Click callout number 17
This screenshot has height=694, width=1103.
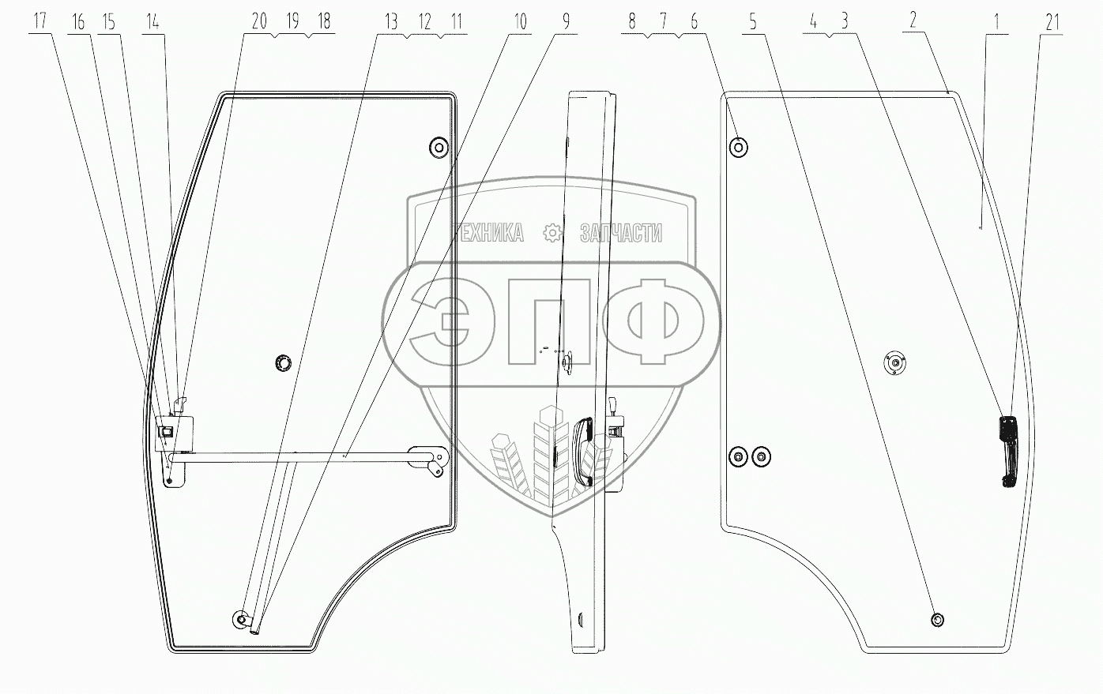tap(40, 21)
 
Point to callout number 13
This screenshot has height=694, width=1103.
tap(391, 22)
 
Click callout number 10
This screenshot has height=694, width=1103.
tap(519, 22)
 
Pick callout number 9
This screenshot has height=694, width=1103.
tap(566, 22)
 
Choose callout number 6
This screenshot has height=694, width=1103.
tap(695, 22)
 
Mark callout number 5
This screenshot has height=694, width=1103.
tap(753, 22)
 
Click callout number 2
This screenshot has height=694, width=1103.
tap(913, 21)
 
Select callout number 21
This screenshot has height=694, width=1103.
tap(1052, 22)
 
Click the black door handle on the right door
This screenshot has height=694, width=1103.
tap(1008, 452)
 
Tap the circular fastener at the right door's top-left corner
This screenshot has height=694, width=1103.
tap(739, 146)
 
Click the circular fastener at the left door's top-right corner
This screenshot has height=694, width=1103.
tap(438, 146)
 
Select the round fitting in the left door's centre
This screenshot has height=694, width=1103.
tap(283, 362)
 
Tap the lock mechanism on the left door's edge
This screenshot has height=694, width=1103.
tap(169, 431)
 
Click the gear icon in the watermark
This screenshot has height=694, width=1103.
tap(551, 232)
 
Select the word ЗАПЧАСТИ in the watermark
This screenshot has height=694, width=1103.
tap(621, 233)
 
